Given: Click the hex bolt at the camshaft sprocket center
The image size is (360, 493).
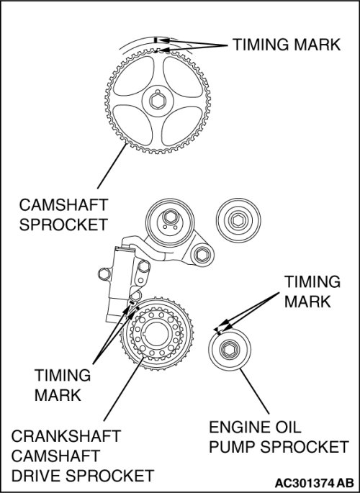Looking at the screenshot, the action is tap(158, 101).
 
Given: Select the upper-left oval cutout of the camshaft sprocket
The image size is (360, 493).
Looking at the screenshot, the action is tap(134, 76).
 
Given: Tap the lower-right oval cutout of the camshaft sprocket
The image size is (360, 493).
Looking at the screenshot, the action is tap(181, 126).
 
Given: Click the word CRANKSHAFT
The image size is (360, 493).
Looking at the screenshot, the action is tap(66, 436).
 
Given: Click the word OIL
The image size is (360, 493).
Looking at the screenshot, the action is tap(288, 428).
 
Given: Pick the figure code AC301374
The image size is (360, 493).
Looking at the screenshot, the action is tap(305, 483).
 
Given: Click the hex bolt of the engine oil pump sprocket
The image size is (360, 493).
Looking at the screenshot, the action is tap(230, 349).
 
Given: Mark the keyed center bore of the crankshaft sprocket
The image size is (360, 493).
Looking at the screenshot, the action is tap(156, 334).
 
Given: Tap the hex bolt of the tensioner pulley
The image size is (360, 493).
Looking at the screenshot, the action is tap(170, 217).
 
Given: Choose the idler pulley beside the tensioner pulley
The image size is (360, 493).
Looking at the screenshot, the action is tap(238, 220).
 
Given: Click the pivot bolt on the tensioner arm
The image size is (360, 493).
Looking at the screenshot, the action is tap(202, 254).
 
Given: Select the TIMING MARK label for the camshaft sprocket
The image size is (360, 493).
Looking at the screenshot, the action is tap(287, 45).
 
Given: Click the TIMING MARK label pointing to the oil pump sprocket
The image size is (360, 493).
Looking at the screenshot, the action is tap(312, 291).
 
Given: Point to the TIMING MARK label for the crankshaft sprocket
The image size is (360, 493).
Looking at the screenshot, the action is tap(62, 385).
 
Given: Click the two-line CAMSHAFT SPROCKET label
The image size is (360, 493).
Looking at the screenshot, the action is tap(63, 214).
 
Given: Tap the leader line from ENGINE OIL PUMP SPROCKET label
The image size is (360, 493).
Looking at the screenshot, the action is tap(254, 391).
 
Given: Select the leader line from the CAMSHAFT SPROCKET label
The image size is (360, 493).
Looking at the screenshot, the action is tap(112, 166).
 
